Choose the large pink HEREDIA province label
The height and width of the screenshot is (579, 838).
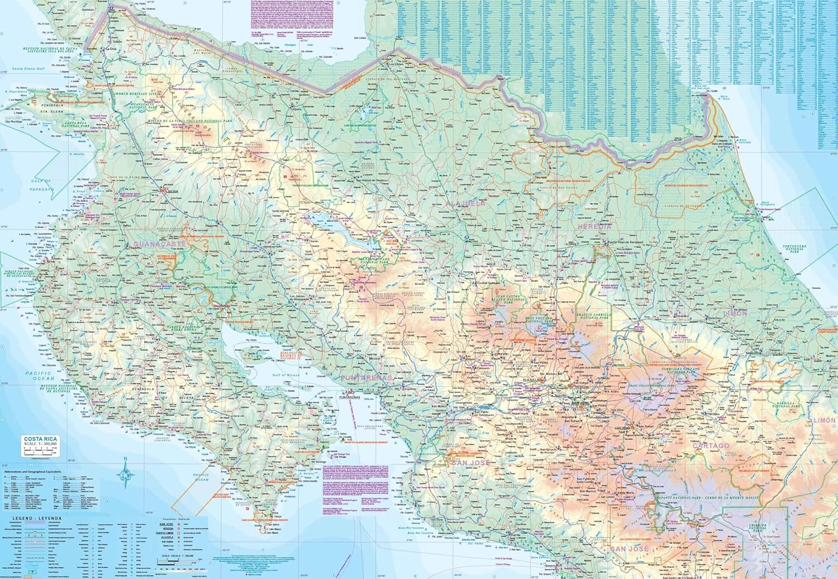594,227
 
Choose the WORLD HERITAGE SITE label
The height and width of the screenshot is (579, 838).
134,94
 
